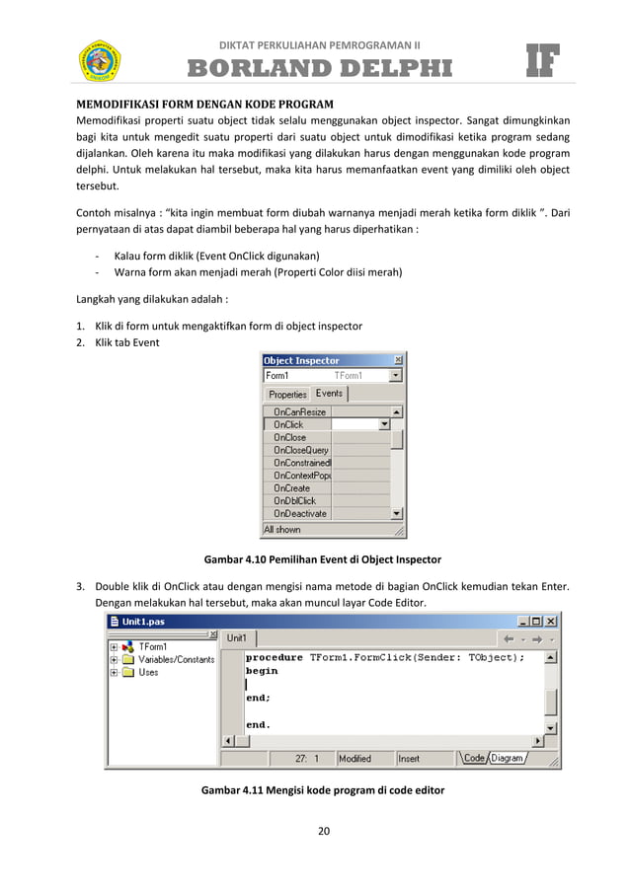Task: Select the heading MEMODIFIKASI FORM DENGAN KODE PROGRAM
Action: coord(205,104)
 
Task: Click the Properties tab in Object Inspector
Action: coord(288,395)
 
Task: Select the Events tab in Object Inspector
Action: coord(329,394)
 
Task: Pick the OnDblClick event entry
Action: coord(294,501)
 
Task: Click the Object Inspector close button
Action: coord(398,360)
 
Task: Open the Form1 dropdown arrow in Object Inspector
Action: coord(396,376)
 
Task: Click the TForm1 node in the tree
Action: coord(153,647)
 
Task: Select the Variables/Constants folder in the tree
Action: coord(176,659)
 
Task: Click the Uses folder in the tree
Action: coord(148,672)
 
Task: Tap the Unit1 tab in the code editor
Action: coord(237,638)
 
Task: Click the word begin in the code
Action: coord(262,671)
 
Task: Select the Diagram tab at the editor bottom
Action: coord(508,758)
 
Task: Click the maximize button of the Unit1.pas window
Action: coord(535,621)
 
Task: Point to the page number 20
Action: coord(323,830)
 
